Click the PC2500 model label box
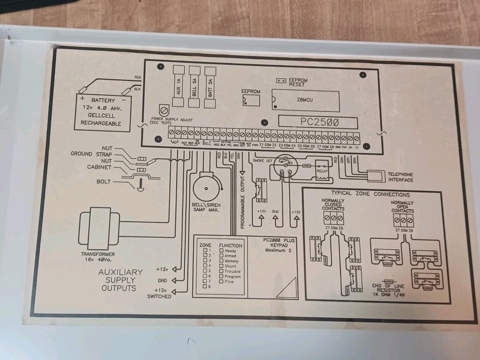[317, 122]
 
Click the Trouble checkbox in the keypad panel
[221, 271]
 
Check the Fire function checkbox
[221, 282]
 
